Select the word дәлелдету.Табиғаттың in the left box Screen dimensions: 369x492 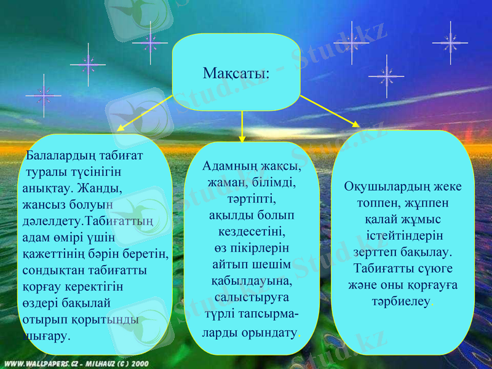click(88, 220)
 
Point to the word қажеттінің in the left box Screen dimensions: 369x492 click(53, 253)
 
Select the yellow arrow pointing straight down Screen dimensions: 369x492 click(243, 126)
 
